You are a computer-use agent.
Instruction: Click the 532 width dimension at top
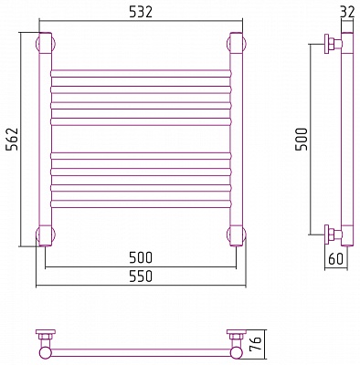click(141, 13)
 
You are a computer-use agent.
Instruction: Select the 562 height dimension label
click(13, 139)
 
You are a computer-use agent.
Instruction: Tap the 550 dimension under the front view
click(141, 276)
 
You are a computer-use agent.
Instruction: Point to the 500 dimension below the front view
click(141, 258)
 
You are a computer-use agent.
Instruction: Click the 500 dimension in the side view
click(302, 139)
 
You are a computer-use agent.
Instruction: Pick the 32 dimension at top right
click(348, 13)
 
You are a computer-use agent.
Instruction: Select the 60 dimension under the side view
click(336, 259)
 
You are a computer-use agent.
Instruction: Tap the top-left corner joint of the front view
click(46, 43)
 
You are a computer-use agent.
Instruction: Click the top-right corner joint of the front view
click(237, 43)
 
